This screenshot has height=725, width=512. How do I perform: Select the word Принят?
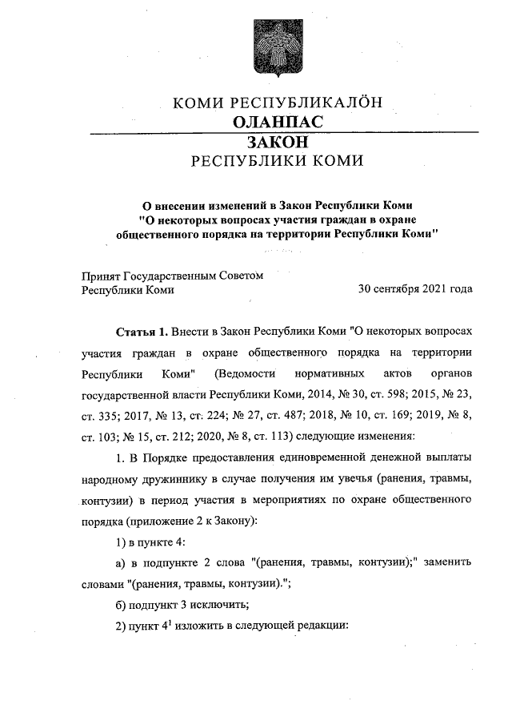pos(100,275)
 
